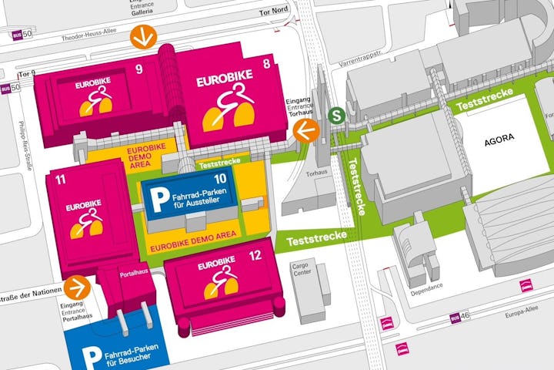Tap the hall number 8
tap(266, 64)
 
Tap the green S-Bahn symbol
tap(335, 115)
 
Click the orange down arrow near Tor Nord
tap(142, 35)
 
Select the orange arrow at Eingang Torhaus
tap(306, 131)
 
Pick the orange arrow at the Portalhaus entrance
tap(75, 288)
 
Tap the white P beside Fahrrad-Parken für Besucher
tap(92, 356)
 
